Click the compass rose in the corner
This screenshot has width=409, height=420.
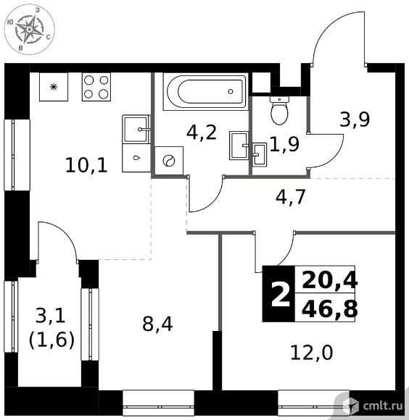[x=30, y=29]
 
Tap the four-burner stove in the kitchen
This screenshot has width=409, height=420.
[x=96, y=87]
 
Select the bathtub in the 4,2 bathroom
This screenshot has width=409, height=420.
[x=206, y=92]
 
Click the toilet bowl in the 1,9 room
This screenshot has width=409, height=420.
[x=280, y=110]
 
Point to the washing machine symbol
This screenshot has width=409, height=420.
[x=169, y=161]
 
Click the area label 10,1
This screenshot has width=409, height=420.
[x=86, y=165]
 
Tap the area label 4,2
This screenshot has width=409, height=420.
[x=202, y=133]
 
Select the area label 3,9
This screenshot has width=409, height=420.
[x=355, y=119]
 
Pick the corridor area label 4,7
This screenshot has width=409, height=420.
[x=291, y=197]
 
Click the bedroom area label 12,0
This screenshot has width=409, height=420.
[x=312, y=352]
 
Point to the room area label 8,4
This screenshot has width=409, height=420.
[x=157, y=324]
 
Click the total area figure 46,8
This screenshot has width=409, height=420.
[x=330, y=309]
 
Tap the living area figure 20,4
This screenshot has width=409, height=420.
[x=330, y=280]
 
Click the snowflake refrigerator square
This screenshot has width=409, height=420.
[x=54, y=87]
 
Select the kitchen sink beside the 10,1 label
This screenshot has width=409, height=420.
[x=136, y=129]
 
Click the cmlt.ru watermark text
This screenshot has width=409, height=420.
[x=383, y=406]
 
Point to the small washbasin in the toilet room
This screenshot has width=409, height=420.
[x=260, y=155]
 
